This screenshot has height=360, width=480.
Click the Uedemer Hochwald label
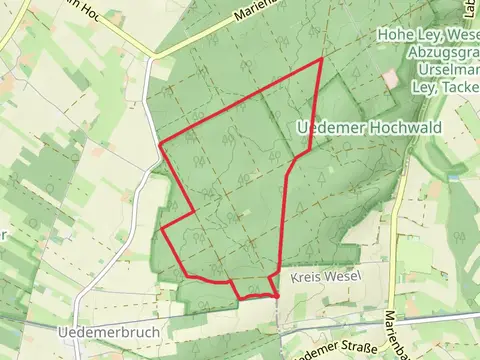pos(357,128)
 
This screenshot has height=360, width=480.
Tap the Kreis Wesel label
pos(324,275)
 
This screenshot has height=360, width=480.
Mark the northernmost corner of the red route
pos(320,59)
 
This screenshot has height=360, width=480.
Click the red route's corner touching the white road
pos(161,144)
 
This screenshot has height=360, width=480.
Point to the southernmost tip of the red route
pos(276,296)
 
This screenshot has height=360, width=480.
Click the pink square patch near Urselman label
pos(389,77)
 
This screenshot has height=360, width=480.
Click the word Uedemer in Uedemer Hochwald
pos(325,128)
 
